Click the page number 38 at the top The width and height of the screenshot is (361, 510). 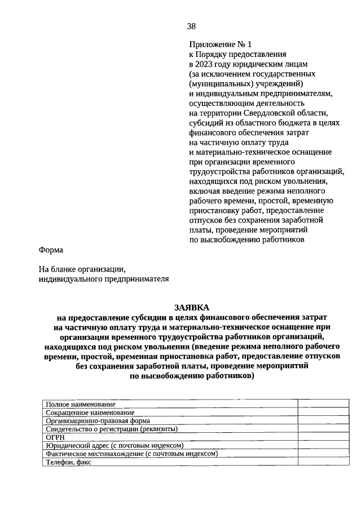pos(191,26)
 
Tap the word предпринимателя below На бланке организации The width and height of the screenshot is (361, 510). pos(128,278)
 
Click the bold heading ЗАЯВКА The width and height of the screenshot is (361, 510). pos(191,307)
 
